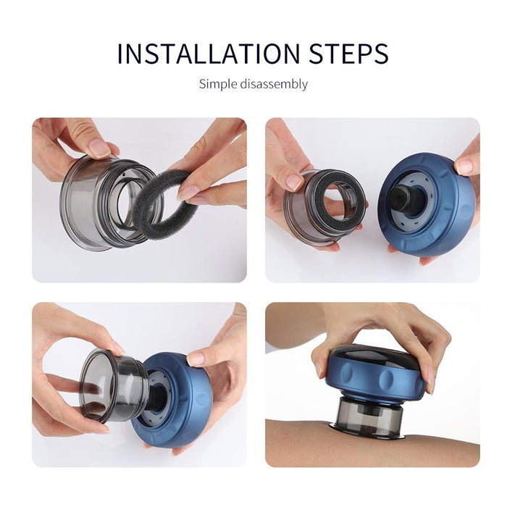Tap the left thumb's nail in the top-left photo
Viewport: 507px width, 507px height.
pyautogui.click(x=99, y=148)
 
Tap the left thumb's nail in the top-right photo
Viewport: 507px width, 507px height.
pyautogui.click(x=295, y=182)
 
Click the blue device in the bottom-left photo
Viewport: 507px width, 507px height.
pyautogui.click(x=177, y=413)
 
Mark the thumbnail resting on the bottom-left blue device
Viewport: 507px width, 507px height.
pyautogui.click(x=196, y=359)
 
